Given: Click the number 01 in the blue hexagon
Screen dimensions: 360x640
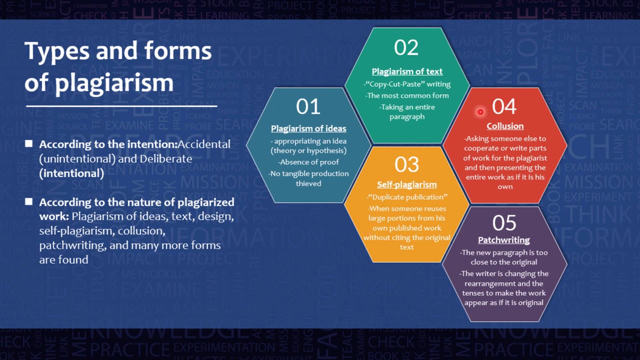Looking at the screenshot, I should [x=308, y=106].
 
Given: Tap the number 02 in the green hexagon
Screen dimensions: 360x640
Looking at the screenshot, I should [x=406, y=47].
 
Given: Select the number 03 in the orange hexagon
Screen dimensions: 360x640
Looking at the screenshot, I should [x=406, y=164].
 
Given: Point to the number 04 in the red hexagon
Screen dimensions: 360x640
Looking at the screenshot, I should [x=504, y=106].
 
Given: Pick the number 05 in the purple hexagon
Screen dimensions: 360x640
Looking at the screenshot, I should [x=504, y=223].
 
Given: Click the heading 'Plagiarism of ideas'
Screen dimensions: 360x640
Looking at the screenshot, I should [x=308, y=128].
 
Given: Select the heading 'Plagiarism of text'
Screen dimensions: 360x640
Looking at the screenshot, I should [x=407, y=71].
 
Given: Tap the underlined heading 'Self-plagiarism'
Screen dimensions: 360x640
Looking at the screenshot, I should [x=406, y=184].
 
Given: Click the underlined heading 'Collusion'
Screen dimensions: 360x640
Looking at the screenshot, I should [x=505, y=126].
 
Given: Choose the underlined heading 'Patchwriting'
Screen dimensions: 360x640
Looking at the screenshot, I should [x=504, y=240].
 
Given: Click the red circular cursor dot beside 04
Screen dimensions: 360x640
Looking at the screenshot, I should [x=480, y=112].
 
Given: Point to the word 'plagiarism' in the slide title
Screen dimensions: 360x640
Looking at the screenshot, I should [x=114, y=83].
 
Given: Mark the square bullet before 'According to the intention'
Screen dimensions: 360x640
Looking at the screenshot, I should [x=29, y=144].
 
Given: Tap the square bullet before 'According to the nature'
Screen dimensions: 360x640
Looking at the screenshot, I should [x=29, y=202].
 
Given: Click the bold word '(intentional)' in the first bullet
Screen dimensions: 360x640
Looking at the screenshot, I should [x=71, y=173].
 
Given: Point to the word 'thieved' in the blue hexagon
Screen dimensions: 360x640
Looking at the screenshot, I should [x=308, y=183].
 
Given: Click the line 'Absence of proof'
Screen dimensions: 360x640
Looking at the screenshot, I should [x=308, y=162].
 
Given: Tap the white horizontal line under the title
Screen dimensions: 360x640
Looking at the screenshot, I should [x=121, y=106].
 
